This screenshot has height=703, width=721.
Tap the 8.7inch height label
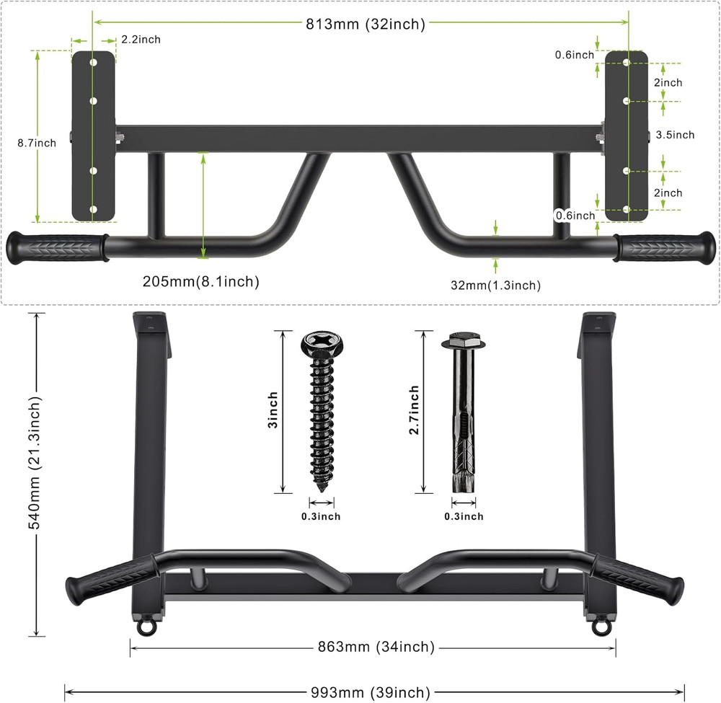click(x=37, y=143)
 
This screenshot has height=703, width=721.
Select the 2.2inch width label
click(x=141, y=40)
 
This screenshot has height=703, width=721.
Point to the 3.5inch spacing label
click(x=675, y=135)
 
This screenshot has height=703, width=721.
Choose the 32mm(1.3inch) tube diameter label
click(x=495, y=286)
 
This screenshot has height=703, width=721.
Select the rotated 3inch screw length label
click(x=273, y=411)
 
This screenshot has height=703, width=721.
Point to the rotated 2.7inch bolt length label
click(x=414, y=410)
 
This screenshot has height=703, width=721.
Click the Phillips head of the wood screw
click(x=319, y=340)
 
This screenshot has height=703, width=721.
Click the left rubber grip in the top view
click(x=56, y=248)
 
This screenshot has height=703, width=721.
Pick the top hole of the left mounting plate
click(x=93, y=63)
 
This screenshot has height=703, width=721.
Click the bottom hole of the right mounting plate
click(x=626, y=209)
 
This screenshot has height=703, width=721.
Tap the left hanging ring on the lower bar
click(x=146, y=627)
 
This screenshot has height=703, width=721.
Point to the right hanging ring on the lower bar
click(x=600, y=627)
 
